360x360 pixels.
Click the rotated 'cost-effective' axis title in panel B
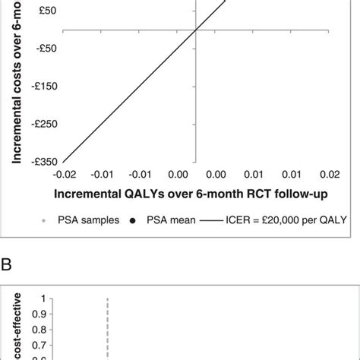pyautogui.click(x=14, y=327)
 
